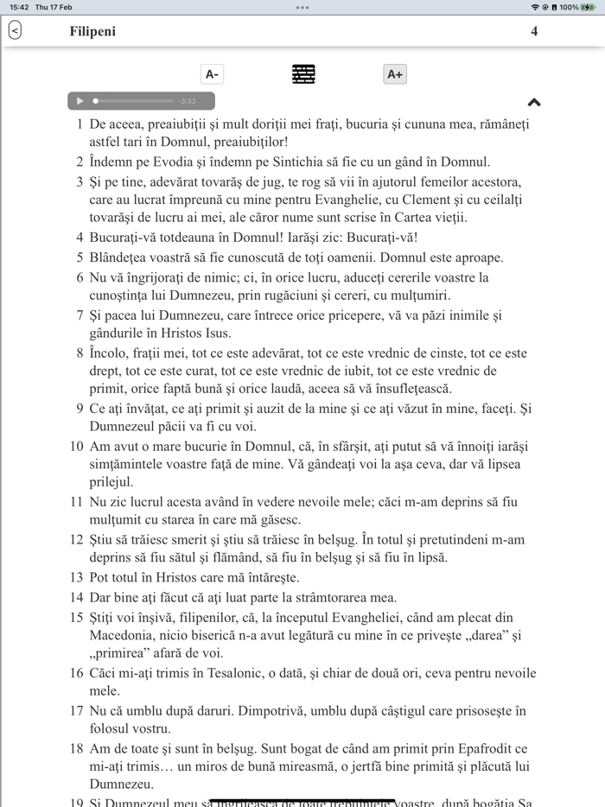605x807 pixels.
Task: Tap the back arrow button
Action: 15,31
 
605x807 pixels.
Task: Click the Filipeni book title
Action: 92,32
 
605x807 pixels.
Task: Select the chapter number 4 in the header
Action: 534,32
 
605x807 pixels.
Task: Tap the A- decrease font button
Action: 212,74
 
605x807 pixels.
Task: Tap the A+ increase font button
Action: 395,74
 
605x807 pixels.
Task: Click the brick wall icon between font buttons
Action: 303,74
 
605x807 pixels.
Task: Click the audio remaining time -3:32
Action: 187,101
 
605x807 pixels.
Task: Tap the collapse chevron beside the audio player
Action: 534,102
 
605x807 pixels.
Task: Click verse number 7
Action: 80,315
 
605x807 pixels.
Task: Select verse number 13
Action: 76,576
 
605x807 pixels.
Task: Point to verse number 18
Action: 76,748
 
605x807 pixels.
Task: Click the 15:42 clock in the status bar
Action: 19,7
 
